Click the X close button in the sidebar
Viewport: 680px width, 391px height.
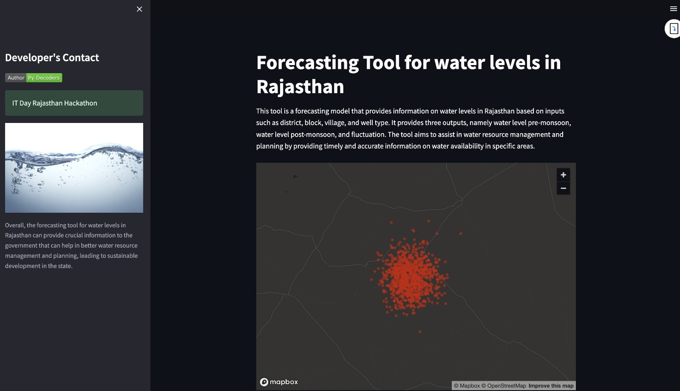[x=139, y=9]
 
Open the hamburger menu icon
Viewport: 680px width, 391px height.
[x=674, y=9]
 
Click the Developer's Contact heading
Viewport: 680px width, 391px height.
[x=52, y=57]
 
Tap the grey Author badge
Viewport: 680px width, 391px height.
[x=16, y=78]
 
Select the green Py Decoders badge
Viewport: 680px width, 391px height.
[x=44, y=78]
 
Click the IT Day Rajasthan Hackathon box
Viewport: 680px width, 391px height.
[x=74, y=103]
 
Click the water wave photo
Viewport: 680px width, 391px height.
[x=74, y=168]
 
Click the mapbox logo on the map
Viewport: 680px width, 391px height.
[x=279, y=382]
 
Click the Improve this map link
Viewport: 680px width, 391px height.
[x=551, y=385]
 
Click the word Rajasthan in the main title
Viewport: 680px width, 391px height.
[x=300, y=87]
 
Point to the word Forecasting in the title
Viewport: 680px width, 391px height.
[x=307, y=63]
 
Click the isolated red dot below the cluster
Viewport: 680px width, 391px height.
[x=420, y=331]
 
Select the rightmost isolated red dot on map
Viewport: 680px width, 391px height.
[x=461, y=234]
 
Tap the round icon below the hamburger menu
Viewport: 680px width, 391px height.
[x=673, y=29]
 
